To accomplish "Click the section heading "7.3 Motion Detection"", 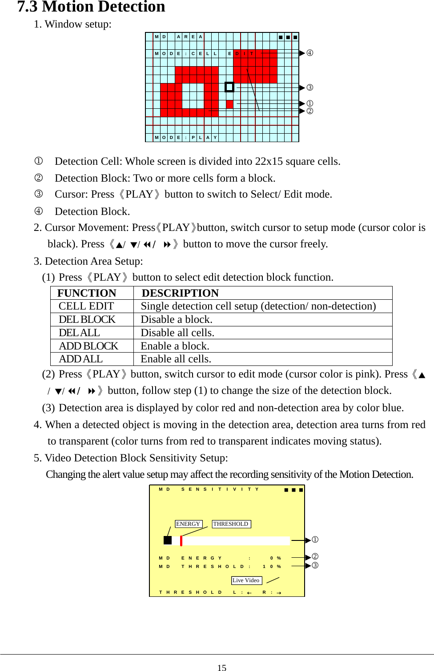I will click(91, 7).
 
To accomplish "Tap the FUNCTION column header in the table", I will click(87, 293).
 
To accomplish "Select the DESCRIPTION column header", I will click(180, 293).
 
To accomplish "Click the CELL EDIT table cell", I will click(86, 306).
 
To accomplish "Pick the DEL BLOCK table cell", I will click(87, 319).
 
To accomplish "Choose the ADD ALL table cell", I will click(80, 359).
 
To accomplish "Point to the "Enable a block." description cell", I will click(175, 346).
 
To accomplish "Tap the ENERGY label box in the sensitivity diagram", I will click(188, 524).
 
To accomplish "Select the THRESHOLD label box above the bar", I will click(231, 524).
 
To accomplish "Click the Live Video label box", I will click(246, 580).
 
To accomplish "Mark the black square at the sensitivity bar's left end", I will click(167, 540).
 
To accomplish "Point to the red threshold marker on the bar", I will click(181, 540).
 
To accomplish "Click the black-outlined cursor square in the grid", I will click(229, 87).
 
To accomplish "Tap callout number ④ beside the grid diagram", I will click(309, 53).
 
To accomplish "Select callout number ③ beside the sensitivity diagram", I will click(315, 565).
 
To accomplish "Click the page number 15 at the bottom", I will click(221, 667).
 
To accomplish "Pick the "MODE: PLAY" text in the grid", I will click(186, 138).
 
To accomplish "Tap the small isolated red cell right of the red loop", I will click(229, 104).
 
